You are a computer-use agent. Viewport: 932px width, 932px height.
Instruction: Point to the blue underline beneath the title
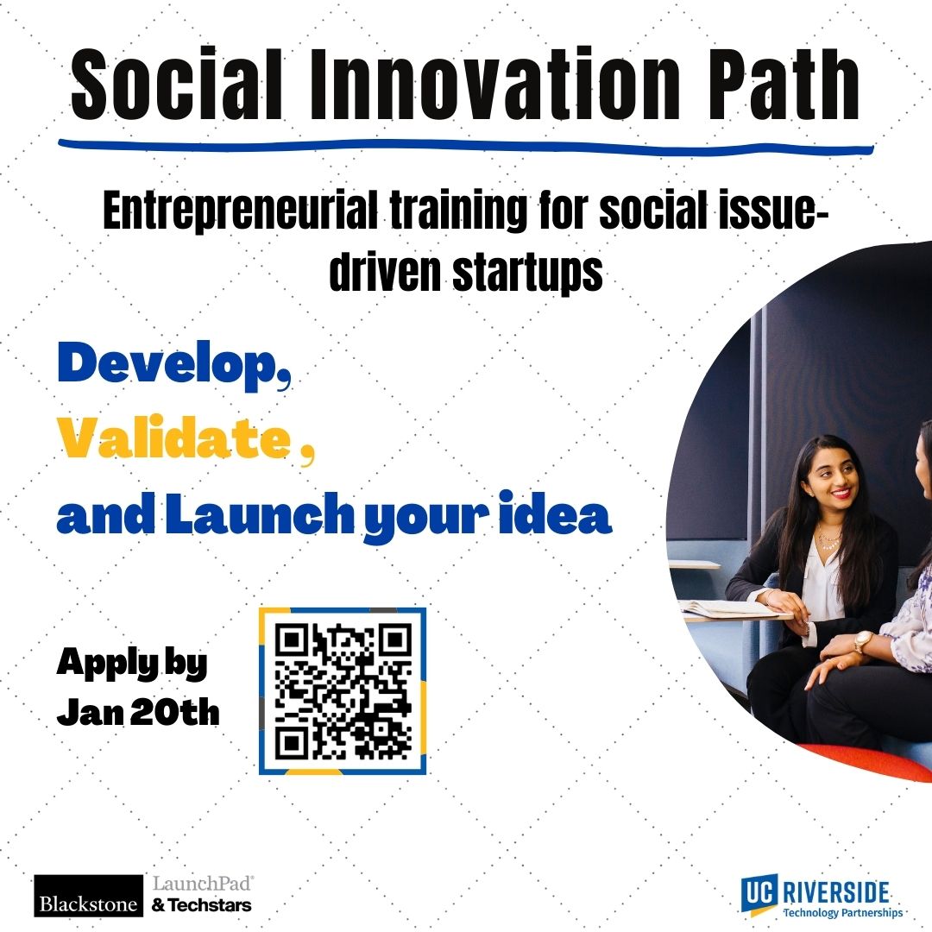pos(466,146)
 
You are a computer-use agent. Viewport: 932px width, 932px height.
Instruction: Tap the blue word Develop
pos(174,366)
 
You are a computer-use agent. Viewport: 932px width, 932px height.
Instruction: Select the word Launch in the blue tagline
pos(259,513)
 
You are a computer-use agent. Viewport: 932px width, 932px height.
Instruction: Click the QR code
pos(343,690)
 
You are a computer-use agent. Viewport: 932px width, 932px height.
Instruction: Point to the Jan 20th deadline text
pos(138,711)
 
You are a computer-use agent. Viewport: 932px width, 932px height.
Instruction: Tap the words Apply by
pos(132,664)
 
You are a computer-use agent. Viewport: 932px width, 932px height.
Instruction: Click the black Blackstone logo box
pos(89,896)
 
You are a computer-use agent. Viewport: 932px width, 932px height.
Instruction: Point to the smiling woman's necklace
pos(828,540)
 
